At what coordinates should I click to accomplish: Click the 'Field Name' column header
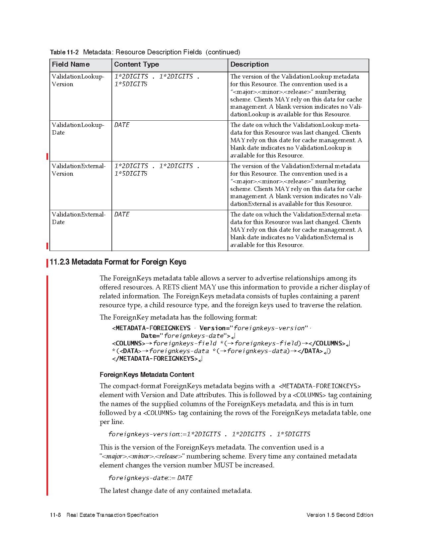click(x=71, y=64)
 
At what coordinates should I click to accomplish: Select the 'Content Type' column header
click(x=136, y=64)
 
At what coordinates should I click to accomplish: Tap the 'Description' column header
click(x=249, y=64)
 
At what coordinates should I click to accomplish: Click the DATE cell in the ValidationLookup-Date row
click(x=122, y=125)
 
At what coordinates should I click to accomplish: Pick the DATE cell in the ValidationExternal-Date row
click(x=122, y=214)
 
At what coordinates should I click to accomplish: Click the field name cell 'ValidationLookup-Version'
click(x=78, y=80)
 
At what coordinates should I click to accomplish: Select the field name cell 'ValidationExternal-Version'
click(x=79, y=170)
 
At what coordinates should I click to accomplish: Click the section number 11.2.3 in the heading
click(x=59, y=262)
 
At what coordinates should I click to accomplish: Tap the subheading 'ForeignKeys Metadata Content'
click(x=147, y=375)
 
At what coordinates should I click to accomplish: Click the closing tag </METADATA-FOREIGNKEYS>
click(x=155, y=359)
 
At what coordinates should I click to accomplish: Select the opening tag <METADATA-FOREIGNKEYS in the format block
click(x=151, y=328)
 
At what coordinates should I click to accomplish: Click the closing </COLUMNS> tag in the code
click(x=327, y=343)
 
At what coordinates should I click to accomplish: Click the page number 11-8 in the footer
click(x=55, y=515)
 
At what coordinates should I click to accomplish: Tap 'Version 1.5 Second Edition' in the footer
click(x=340, y=515)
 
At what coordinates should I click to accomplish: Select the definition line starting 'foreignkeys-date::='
click(x=150, y=478)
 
